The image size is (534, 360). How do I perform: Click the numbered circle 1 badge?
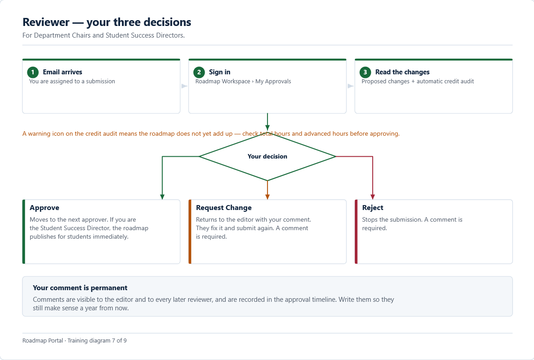(x=33, y=72)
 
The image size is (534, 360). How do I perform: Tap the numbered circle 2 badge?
(x=199, y=72)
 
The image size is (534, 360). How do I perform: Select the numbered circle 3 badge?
(x=365, y=72)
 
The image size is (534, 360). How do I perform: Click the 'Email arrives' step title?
(x=62, y=72)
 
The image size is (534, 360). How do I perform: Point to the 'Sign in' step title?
(x=220, y=72)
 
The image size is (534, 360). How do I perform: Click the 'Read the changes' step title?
(x=402, y=72)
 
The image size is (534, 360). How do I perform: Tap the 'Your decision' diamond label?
(x=267, y=157)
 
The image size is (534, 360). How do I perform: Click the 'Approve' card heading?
(x=44, y=208)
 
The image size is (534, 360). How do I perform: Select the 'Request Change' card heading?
(x=224, y=208)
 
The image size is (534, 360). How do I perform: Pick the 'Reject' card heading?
(x=373, y=208)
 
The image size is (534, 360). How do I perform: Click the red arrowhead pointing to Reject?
(x=373, y=197)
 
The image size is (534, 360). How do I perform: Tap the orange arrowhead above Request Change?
(x=267, y=197)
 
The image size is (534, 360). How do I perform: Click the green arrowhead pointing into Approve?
(x=162, y=197)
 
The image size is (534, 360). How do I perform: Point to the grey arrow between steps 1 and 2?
(x=184, y=86)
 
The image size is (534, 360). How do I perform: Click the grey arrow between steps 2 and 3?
(x=350, y=86)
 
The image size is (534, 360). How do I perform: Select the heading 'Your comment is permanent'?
(x=80, y=288)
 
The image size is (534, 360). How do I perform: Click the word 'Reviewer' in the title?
(x=46, y=22)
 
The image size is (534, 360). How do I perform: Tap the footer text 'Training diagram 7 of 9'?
(x=97, y=341)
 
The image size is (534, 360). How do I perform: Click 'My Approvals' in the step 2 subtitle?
(x=273, y=81)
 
